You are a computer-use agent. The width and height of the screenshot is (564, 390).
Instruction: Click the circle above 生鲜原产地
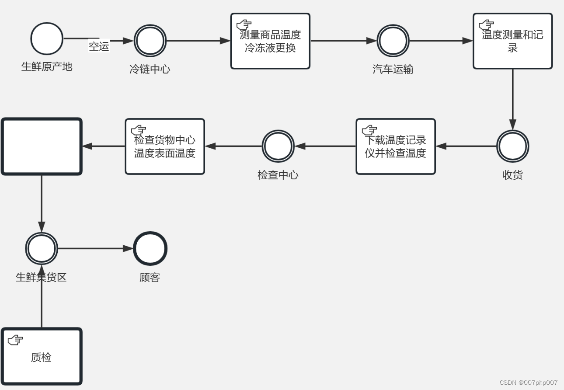point(47,39)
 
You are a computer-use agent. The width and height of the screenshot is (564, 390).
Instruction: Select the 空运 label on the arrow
point(99,46)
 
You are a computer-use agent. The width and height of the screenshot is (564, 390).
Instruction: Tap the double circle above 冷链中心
point(150,41)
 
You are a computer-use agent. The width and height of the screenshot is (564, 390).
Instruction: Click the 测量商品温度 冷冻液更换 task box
point(270,41)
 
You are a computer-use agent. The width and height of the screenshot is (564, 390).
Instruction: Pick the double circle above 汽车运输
point(393,41)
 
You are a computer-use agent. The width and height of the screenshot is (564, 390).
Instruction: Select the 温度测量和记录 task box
point(512,41)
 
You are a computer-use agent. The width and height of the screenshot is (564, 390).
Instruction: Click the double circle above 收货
point(512,146)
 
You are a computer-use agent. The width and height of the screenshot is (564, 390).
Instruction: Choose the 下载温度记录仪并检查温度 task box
point(395,146)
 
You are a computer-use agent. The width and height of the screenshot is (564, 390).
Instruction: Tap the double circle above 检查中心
point(278,146)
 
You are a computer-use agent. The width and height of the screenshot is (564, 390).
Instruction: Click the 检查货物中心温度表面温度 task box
point(165,146)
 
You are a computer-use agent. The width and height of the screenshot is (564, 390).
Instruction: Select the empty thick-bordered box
point(42,146)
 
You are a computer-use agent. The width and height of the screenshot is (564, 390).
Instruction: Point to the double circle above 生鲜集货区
point(42,248)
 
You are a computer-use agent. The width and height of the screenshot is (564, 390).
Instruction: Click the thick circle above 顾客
point(150,248)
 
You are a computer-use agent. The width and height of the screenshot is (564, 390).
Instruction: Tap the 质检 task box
point(42,357)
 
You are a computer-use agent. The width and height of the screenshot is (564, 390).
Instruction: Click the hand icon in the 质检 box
point(15,340)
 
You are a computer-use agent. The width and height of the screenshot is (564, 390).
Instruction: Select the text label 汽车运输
point(393,69)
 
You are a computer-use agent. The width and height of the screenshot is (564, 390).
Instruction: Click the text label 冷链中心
point(150,69)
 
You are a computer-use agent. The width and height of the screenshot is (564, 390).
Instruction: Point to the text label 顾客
point(150,277)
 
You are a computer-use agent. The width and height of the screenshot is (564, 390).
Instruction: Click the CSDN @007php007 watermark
point(528,383)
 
